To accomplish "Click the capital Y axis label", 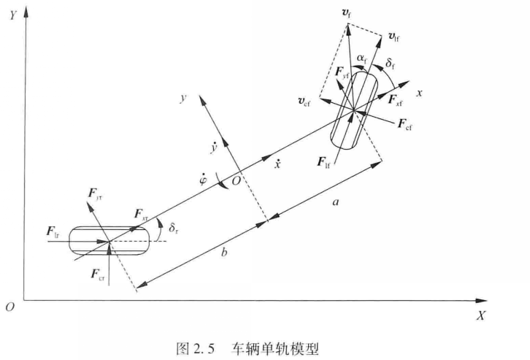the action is coord(13,13).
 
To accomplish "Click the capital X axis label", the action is coord(480,315).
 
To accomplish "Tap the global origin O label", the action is coord(10,307).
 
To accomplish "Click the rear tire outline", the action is coord(107,240).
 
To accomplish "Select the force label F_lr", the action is coord(53,232).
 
